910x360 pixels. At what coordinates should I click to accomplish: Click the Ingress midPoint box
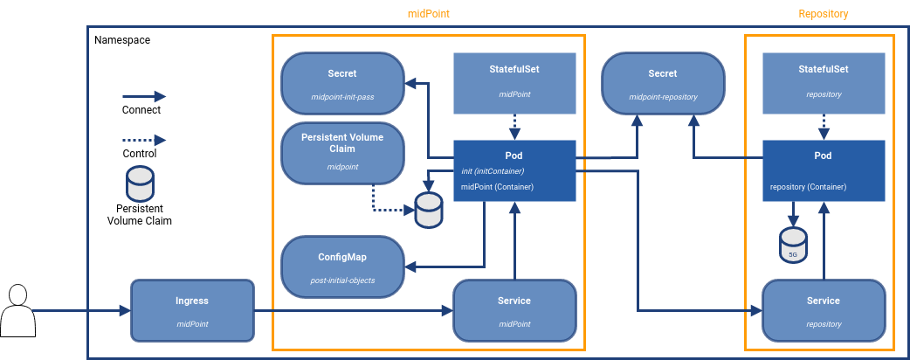click(191, 310)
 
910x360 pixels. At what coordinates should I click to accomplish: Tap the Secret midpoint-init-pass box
click(342, 83)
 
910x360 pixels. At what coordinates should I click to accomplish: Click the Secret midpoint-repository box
click(663, 83)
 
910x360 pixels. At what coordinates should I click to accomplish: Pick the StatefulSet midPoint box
click(515, 82)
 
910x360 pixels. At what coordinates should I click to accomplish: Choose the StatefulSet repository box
click(824, 82)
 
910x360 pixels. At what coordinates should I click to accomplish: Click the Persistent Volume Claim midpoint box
click(342, 152)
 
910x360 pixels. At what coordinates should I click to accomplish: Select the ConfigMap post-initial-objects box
click(342, 267)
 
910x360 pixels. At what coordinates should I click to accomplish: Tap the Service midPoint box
click(515, 310)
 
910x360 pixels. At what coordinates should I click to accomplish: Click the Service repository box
click(824, 310)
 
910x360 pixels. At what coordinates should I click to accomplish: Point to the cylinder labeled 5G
click(793, 245)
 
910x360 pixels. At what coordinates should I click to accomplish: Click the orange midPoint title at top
click(429, 14)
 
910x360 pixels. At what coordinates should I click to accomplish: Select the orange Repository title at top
click(823, 14)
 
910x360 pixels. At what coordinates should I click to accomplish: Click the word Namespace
click(122, 40)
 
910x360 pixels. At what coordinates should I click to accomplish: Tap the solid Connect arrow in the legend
click(143, 96)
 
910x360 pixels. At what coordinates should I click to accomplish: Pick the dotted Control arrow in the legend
click(143, 140)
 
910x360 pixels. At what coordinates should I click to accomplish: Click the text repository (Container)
click(808, 187)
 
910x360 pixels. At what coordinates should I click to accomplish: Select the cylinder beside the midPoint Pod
click(429, 211)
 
